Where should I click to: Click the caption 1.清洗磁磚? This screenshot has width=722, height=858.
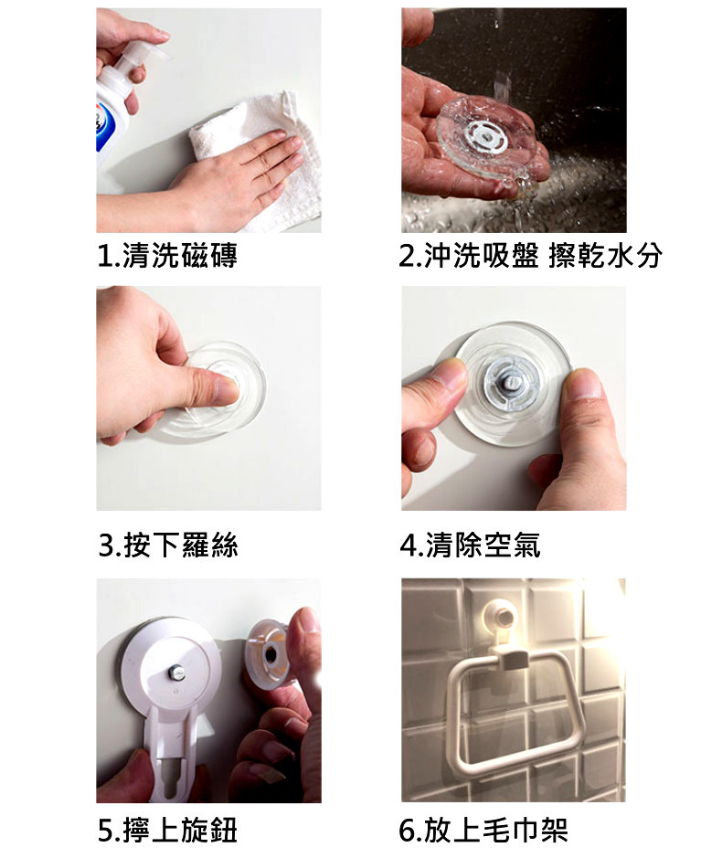point(167,256)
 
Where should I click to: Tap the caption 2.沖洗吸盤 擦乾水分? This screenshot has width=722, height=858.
point(530,256)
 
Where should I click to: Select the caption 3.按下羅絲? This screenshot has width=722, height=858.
point(168,545)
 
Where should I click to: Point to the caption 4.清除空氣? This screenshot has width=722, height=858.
point(470,545)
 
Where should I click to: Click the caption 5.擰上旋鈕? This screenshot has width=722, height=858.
point(167,830)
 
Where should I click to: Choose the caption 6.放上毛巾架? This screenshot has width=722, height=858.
point(483,830)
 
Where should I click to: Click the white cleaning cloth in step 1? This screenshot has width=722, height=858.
point(258,159)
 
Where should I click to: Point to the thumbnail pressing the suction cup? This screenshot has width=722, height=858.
point(228,389)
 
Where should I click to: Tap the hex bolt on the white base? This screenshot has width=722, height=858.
point(176,672)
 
